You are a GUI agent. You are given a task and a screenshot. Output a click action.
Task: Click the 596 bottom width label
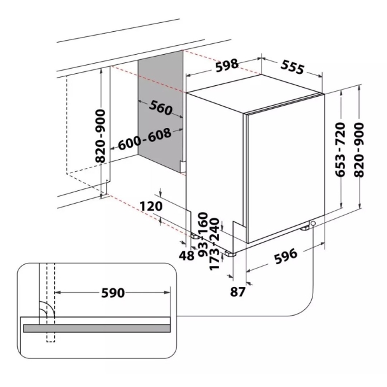click(x=286, y=257)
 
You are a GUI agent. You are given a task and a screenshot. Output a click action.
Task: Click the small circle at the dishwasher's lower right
click(x=313, y=223)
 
